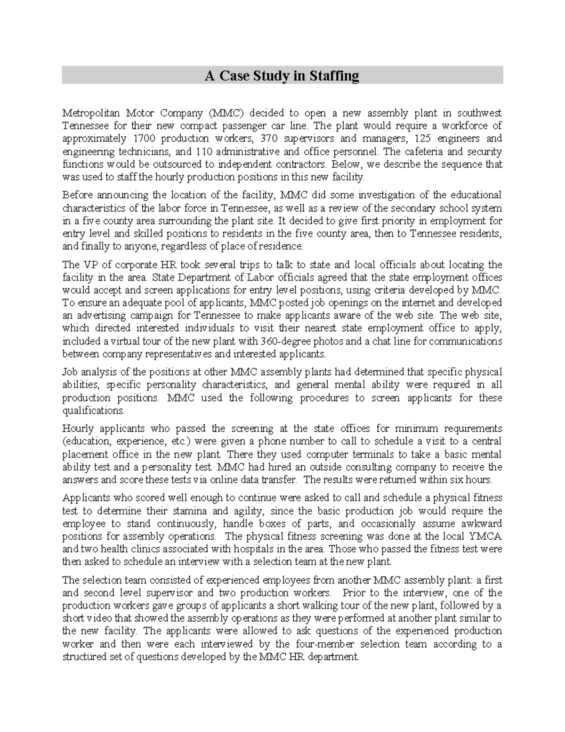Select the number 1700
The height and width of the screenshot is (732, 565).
(x=144, y=139)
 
